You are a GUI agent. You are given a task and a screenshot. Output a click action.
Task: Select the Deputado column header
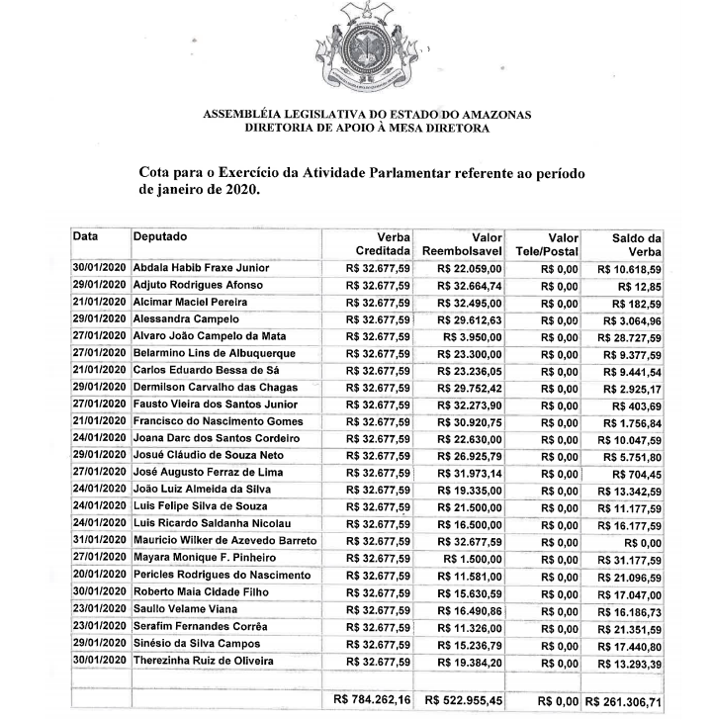tap(160, 236)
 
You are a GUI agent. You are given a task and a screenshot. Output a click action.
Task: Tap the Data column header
tap(86, 236)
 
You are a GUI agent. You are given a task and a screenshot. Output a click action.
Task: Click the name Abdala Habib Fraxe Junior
tap(200, 268)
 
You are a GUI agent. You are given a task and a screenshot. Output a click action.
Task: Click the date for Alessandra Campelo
tap(100, 319)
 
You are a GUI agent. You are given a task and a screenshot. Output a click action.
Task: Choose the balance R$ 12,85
tap(643, 287)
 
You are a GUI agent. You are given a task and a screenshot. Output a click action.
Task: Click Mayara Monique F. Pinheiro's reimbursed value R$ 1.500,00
tap(474, 559)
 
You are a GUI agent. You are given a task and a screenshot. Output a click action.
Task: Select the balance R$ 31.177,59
tap(631, 560)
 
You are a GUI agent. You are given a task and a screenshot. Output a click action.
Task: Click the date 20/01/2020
tap(100, 576)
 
